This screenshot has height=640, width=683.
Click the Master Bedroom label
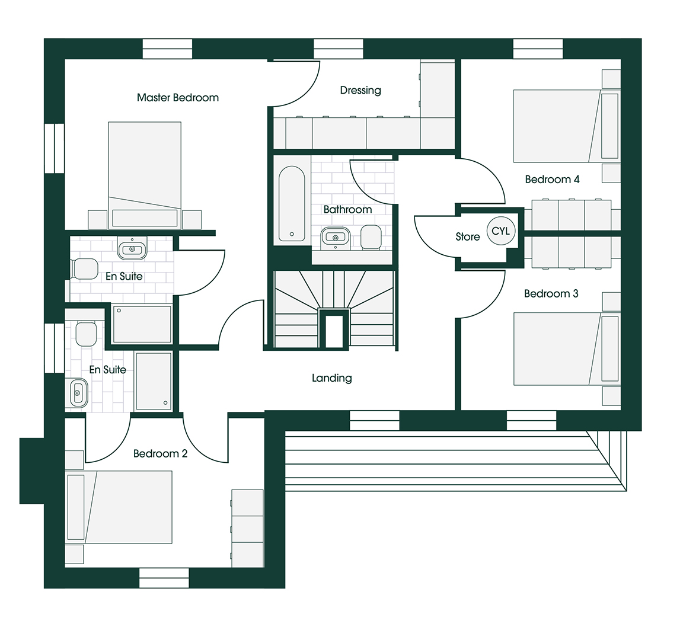point(178,98)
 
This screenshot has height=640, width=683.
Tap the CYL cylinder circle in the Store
point(501,231)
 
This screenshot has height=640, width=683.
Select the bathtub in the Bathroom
point(292,203)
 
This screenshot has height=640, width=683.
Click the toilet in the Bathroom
point(371,237)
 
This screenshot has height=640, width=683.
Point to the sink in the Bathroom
point(336,237)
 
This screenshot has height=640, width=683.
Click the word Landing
point(332,378)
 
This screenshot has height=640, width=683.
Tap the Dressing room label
point(360,91)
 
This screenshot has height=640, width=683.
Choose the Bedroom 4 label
point(553,180)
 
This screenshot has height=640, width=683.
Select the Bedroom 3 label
point(551,294)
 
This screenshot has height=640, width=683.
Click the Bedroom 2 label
point(160,454)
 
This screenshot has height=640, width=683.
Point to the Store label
point(468,237)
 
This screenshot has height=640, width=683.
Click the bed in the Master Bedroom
point(145,174)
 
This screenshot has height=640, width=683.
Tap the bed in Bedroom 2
point(119,507)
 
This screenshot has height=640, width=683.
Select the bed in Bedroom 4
point(566,126)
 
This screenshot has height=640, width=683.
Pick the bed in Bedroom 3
point(566,348)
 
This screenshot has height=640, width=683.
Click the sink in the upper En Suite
point(132,248)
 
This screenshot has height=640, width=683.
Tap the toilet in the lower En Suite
point(86,334)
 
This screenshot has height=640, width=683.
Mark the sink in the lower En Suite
point(77,393)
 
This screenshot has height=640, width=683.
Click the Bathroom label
point(347,209)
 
